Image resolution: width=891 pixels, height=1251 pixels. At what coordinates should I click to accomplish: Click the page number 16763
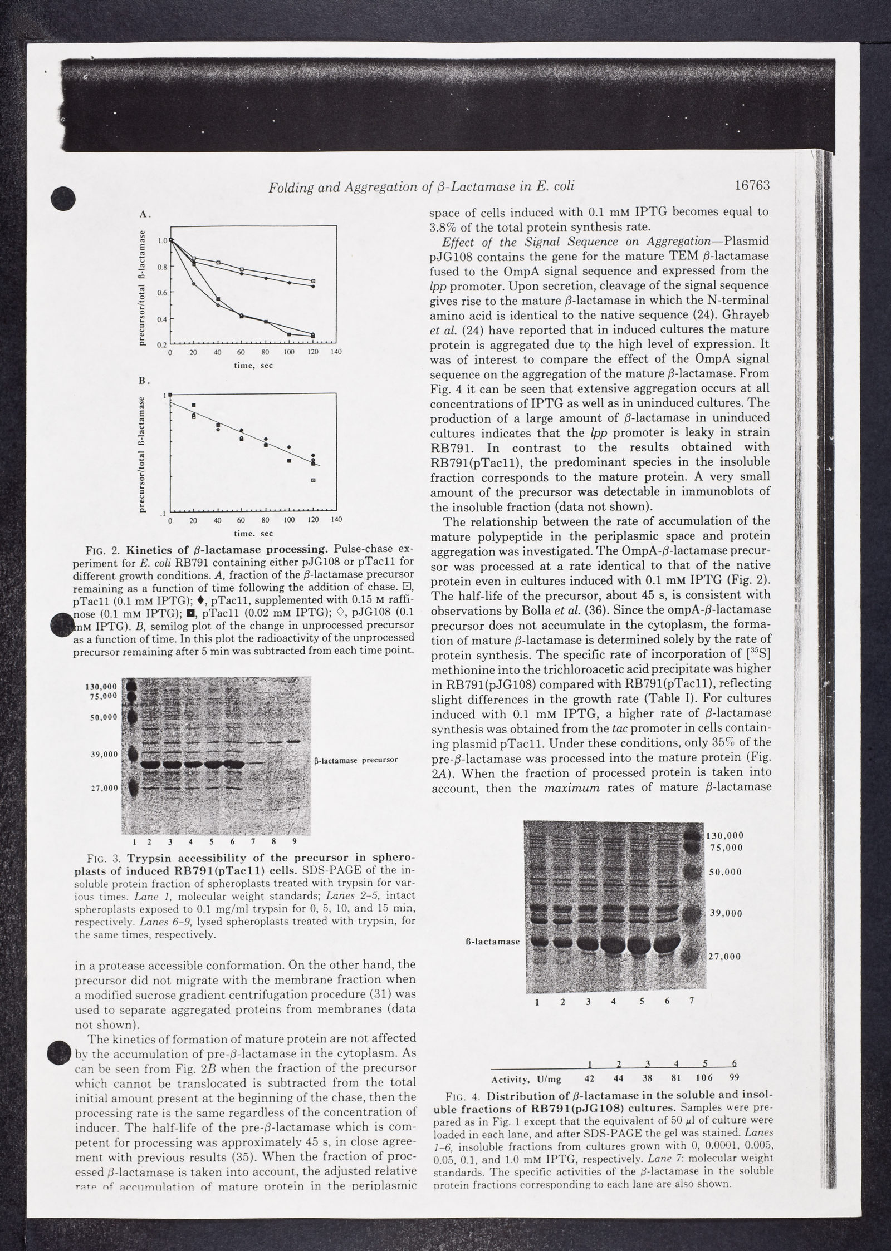[x=752, y=186]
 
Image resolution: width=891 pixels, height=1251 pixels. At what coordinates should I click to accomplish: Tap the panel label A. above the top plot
[x=144, y=214]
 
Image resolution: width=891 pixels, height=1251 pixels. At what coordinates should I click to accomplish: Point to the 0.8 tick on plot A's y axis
[x=161, y=267]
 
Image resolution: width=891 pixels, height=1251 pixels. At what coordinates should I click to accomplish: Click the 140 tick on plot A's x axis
[x=336, y=352]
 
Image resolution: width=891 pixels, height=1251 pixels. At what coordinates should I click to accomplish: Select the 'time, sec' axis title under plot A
[x=253, y=366]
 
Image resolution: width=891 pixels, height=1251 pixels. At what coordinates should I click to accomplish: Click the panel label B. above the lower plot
[x=144, y=381]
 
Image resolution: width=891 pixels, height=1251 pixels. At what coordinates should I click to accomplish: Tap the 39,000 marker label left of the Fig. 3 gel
[x=104, y=754]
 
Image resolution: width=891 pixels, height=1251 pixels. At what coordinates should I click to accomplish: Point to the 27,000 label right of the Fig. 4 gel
[x=724, y=957]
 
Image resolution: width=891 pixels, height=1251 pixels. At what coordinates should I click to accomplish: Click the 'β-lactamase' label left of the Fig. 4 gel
[x=492, y=942]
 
